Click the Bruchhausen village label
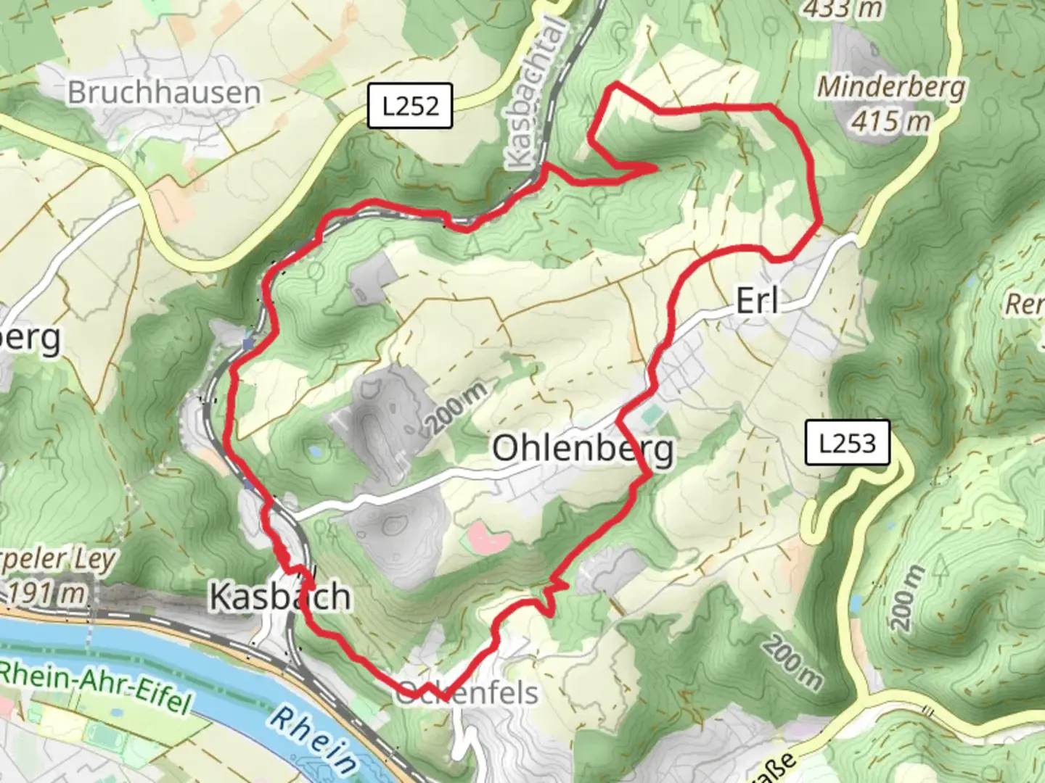163,93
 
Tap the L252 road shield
410,107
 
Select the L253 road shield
847,442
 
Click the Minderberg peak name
892,87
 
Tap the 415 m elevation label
890,120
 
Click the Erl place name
757,300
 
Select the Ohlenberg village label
583,449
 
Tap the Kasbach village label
280,597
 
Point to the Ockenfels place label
468,693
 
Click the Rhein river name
313,739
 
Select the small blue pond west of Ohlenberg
316,451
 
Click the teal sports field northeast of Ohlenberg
652,415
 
